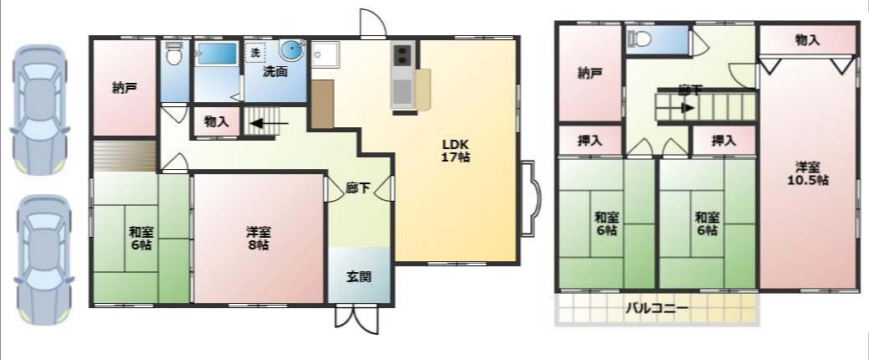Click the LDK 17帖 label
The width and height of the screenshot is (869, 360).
click(x=456, y=150)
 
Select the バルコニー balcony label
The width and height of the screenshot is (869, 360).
click(x=656, y=308)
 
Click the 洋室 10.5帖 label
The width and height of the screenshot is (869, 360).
click(x=809, y=173)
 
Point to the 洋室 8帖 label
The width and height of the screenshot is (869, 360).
click(x=258, y=238)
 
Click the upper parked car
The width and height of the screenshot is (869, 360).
click(x=40, y=110)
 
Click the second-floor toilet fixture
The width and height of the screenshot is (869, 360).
click(x=640, y=39)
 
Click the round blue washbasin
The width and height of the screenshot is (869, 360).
click(x=292, y=50)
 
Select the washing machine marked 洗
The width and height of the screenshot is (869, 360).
click(x=255, y=53)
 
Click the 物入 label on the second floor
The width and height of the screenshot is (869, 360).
click(x=807, y=40)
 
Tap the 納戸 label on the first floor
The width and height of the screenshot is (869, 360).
click(x=125, y=88)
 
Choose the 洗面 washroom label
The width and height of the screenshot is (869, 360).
click(x=275, y=71)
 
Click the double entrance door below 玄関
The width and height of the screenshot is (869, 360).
click(x=357, y=320)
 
